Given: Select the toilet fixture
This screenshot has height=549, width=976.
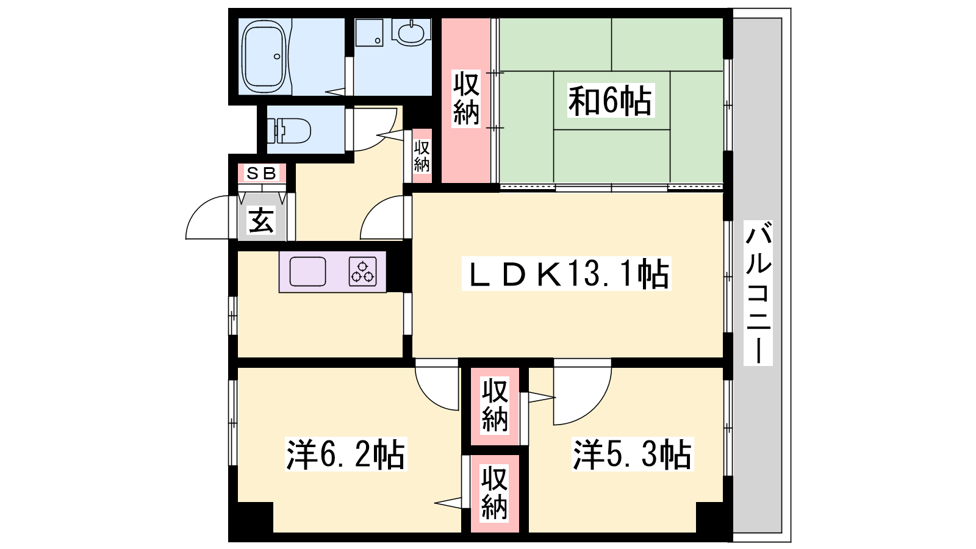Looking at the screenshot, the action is point(289,130).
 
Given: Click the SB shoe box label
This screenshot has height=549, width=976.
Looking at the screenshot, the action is point(262,173).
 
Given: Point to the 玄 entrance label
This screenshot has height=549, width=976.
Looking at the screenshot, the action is point(262,220).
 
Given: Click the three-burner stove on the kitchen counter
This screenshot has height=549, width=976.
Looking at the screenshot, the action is point(362,271).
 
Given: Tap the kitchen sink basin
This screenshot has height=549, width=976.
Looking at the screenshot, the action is point(307,271).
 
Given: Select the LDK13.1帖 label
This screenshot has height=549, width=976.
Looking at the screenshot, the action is point(567,274).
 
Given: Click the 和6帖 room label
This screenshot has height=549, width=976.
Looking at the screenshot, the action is point(611,101).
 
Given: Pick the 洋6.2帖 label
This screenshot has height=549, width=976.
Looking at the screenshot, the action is point(346,454).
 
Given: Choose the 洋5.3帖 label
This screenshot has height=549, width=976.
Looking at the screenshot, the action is point(633,454).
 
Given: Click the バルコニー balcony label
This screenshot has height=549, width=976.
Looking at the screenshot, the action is point(758,293).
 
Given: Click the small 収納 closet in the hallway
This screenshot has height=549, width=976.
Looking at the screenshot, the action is point(422,156).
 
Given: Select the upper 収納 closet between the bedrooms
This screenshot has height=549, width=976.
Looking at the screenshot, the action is point(495,406).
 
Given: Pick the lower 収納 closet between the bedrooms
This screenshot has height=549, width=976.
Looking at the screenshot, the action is point(495,493).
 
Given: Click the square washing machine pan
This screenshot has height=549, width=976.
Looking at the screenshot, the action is point(369,32).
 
